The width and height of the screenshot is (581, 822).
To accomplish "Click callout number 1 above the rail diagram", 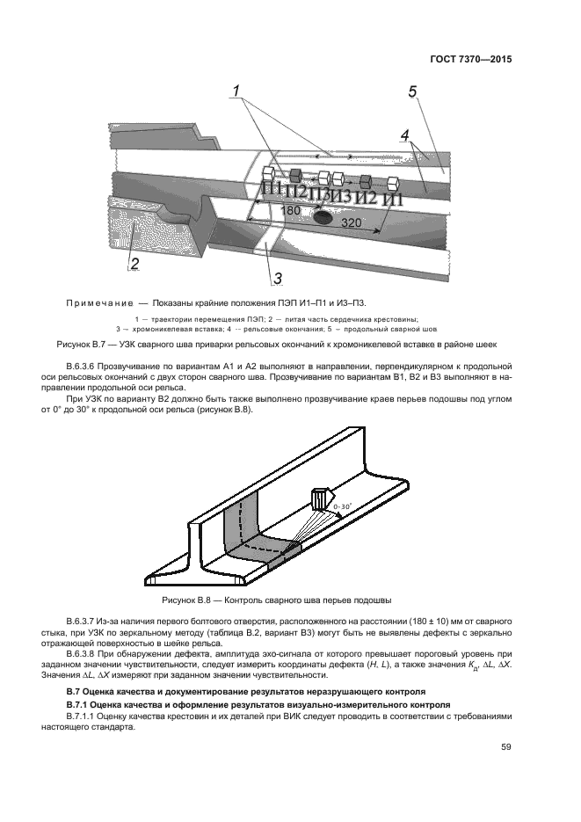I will [236, 91].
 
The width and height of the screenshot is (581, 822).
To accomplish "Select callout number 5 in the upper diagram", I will [412, 91].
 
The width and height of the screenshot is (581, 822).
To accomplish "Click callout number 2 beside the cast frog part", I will [134, 262].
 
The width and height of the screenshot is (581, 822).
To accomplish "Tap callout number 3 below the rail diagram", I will [276, 279].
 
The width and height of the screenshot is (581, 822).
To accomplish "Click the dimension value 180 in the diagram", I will [290, 212].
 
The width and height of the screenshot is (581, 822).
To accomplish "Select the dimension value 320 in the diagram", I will [351, 223].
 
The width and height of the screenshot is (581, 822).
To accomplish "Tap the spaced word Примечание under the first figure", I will [99, 303].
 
